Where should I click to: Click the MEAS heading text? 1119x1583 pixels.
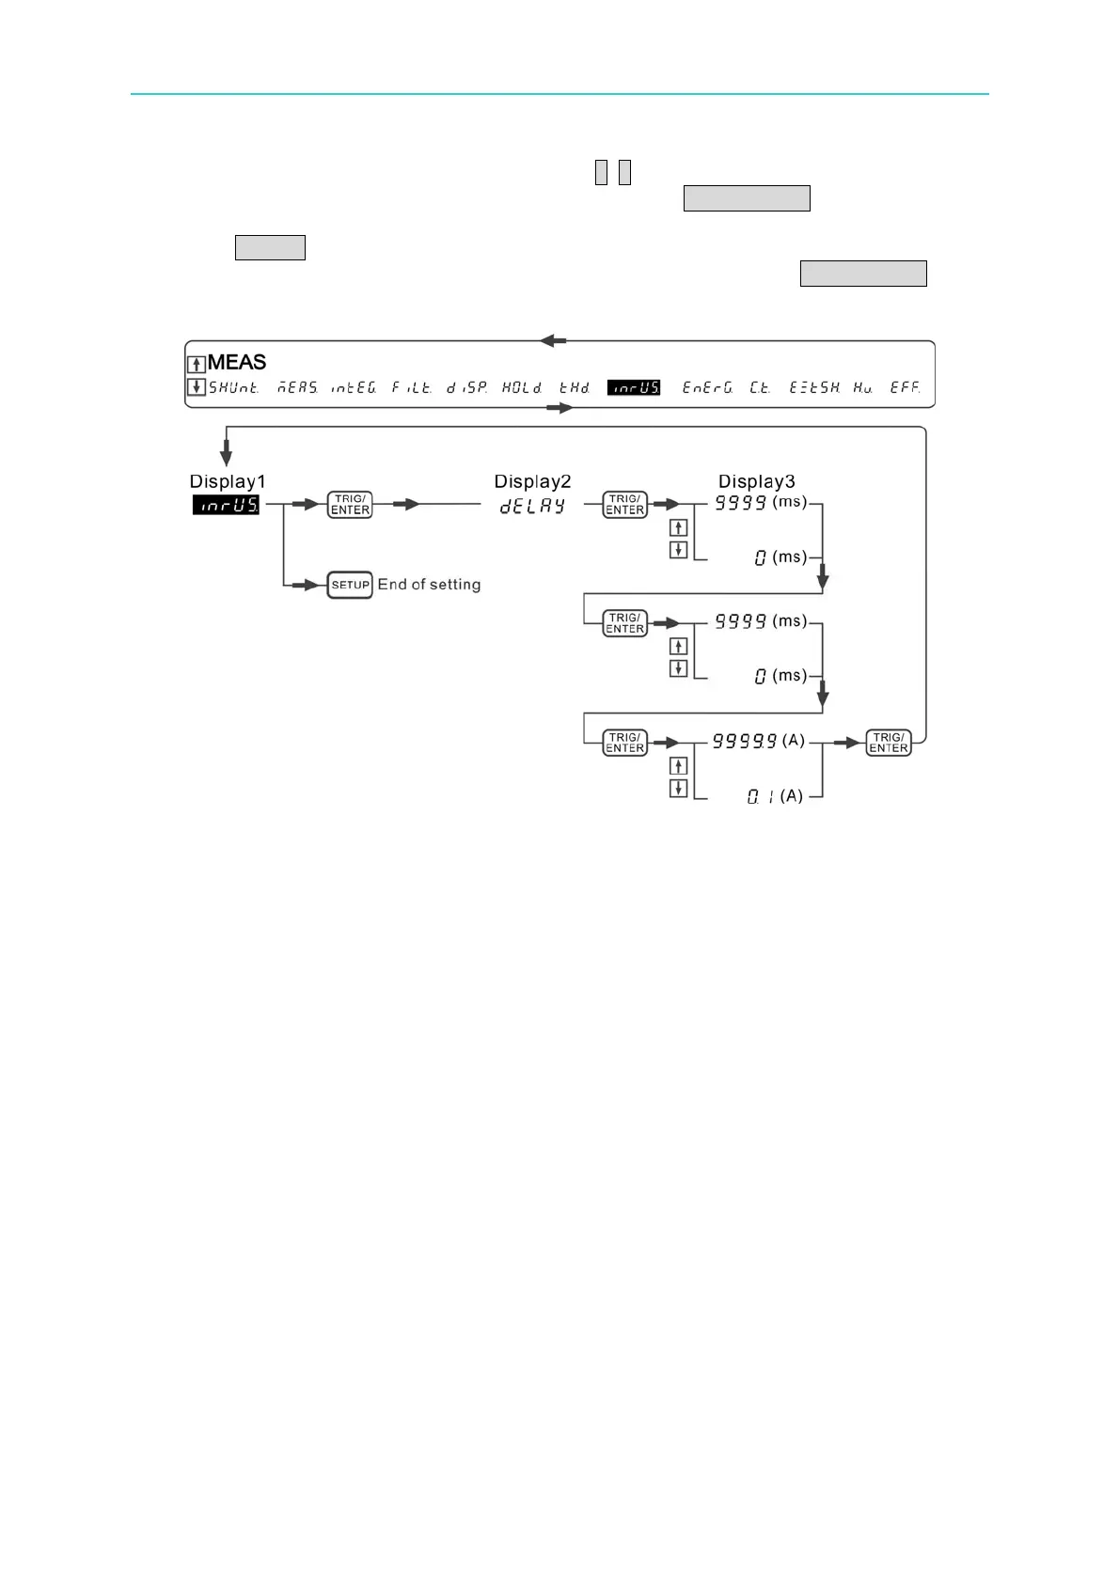coord(237,362)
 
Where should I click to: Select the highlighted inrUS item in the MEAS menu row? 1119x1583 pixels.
coord(634,387)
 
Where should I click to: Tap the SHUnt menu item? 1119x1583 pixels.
coord(233,387)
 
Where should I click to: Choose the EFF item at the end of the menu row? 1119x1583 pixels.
coord(906,387)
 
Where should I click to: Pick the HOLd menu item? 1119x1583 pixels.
coord(522,387)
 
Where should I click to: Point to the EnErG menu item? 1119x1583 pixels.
coord(708,387)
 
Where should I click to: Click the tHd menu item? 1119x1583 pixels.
coord(575,387)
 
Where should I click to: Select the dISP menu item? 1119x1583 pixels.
coord(467,387)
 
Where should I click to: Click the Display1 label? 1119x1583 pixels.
coord(228,481)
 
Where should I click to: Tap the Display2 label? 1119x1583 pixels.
coord(532,481)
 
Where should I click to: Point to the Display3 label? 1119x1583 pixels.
coord(757,481)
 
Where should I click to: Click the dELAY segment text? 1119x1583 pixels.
coord(532,506)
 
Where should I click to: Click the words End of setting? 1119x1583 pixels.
coord(429,585)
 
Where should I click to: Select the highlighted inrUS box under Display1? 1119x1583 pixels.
coord(226,505)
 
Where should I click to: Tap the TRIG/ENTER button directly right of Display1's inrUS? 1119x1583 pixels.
coord(350,505)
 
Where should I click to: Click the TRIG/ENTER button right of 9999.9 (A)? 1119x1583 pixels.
coord(889,743)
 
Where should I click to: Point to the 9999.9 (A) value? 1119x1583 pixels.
coord(758,741)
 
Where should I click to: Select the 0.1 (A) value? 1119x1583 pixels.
coord(775,796)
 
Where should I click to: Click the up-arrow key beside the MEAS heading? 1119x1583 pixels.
coord(197,365)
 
